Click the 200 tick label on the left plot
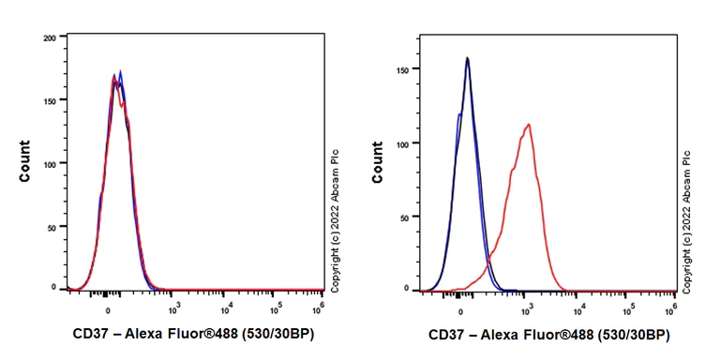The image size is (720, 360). click(x=51, y=38)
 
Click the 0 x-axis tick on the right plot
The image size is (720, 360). click(x=461, y=307)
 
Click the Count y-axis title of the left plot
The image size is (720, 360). click(x=25, y=160)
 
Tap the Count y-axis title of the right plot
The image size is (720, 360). click(x=380, y=160)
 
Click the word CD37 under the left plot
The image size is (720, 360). click(x=90, y=335)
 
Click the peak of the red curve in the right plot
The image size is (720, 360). click(x=530, y=125)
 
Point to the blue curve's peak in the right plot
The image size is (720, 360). click(x=467, y=58)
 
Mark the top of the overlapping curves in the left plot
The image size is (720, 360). click(x=116, y=78)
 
